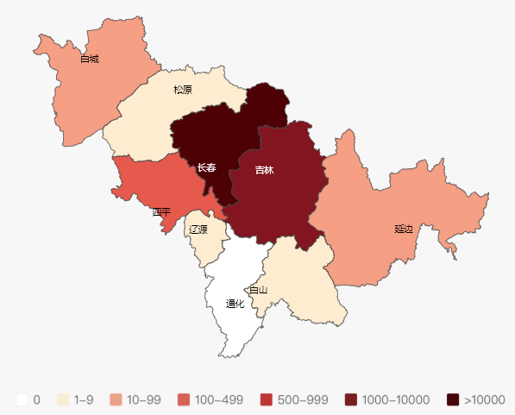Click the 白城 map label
[x=90, y=60]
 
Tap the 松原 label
[x=182, y=90]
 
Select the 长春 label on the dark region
[x=206, y=167]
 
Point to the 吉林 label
[x=264, y=170]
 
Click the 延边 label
[x=404, y=229]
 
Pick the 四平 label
[x=161, y=211]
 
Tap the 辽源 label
[x=198, y=230]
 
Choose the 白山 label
[x=258, y=290]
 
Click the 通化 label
[x=236, y=304]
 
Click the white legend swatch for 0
[x=22, y=399]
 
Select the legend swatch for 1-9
[x=63, y=399]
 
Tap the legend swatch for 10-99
[x=116, y=399]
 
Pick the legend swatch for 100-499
[x=183, y=399]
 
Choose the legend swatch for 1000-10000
[x=349, y=399]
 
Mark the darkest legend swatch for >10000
[x=453, y=399]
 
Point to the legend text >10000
[x=484, y=400]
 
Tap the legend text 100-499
[x=219, y=400]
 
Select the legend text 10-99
[x=143, y=400]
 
